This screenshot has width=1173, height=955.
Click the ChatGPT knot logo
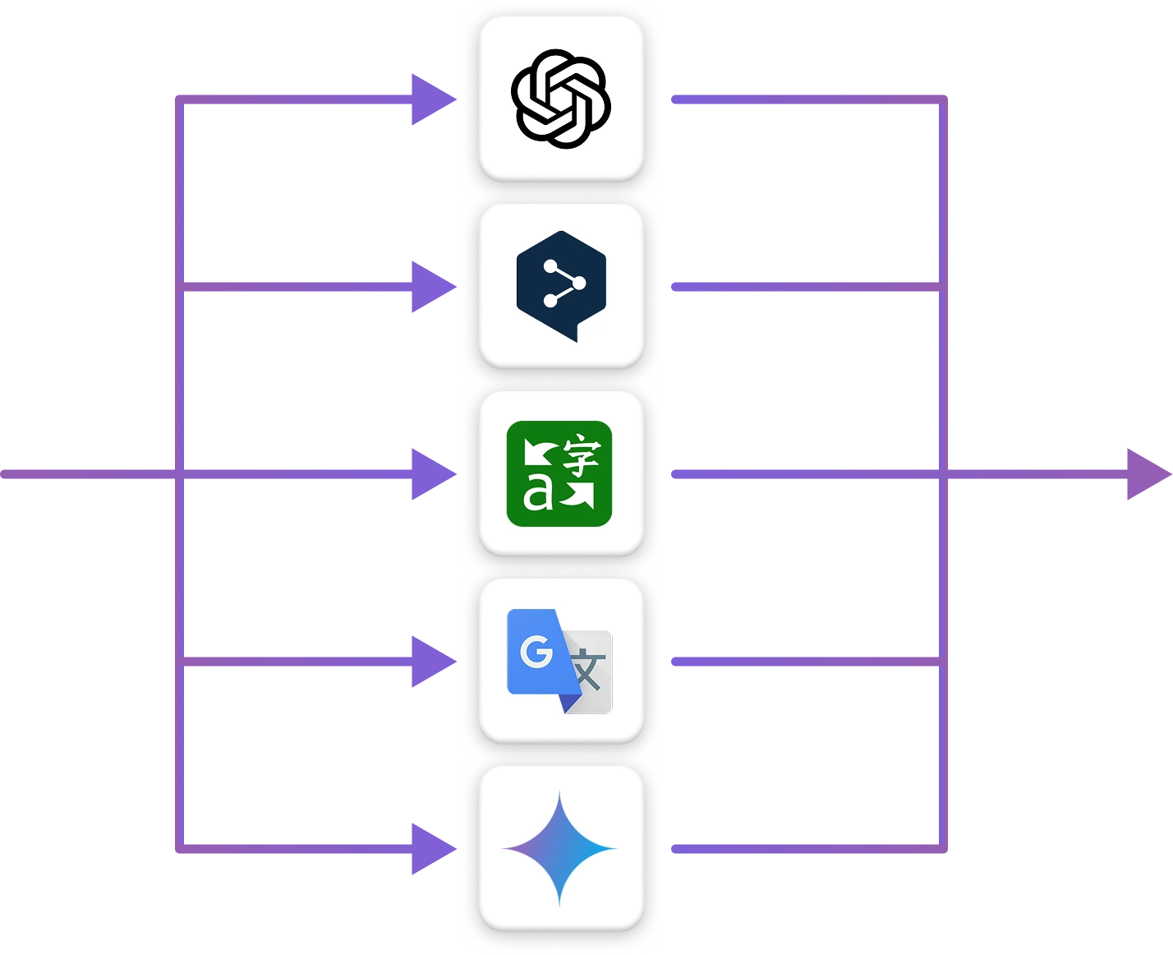(561, 99)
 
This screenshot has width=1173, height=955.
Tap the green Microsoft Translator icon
(559, 473)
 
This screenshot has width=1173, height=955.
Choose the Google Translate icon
(559, 661)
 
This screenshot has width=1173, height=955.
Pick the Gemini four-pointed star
(559, 848)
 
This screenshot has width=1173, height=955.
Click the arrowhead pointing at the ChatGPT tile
(429, 101)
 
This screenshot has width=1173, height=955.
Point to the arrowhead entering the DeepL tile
(429, 286)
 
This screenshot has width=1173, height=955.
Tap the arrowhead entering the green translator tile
(429, 474)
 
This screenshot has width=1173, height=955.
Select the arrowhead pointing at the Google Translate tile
(429, 661)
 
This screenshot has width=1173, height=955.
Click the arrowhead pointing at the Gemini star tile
(429, 848)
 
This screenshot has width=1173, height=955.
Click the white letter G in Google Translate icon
(536, 653)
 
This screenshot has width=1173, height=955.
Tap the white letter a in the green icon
(538, 494)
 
